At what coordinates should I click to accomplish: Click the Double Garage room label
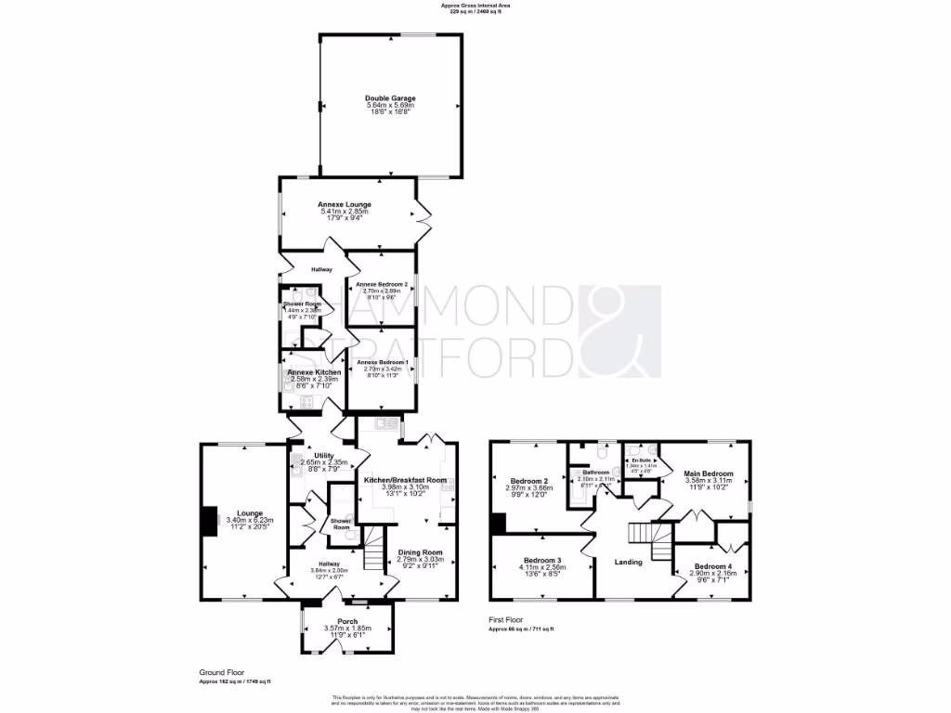(390, 97)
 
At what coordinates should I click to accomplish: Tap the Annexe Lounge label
(345, 204)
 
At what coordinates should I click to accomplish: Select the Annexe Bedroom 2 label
(381, 282)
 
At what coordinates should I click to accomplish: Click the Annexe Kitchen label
(315, 372)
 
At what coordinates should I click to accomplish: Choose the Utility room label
(323, 455)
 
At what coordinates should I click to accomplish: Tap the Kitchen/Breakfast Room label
(405, 480)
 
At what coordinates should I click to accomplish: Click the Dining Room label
(420, 552)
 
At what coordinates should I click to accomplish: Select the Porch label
(347, 621)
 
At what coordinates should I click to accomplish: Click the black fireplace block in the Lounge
(211, 521)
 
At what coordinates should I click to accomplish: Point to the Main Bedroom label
(709, 473)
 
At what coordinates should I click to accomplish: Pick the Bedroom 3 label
(542, 561)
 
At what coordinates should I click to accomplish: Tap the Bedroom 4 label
(713, 566)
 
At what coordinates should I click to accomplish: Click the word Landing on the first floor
(629, 562)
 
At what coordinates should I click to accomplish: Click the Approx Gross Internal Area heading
(475, 6)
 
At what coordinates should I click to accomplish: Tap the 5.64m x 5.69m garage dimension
(390, 106)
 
